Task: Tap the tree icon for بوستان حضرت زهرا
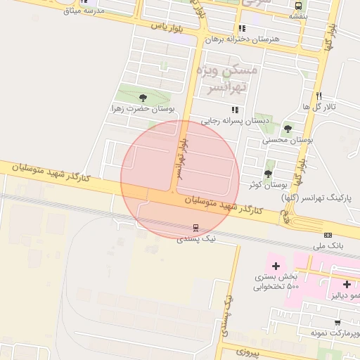(143, 98)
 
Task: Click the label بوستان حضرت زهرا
(143, 109)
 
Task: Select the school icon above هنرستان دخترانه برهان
(242, 29)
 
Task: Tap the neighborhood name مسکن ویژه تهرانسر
(231, 78)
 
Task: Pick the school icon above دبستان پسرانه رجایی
(235, 110)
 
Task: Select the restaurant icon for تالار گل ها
(319, 96)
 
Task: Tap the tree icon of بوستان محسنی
(288, 129)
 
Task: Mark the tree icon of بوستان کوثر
(268, 174)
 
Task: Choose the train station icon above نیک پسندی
(195, 228)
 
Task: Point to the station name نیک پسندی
(195, 239)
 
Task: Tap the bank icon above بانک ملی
(328, 235)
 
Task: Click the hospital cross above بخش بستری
(276, 266)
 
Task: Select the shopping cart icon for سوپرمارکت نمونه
(337, 323)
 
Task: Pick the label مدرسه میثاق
(84, 11)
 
